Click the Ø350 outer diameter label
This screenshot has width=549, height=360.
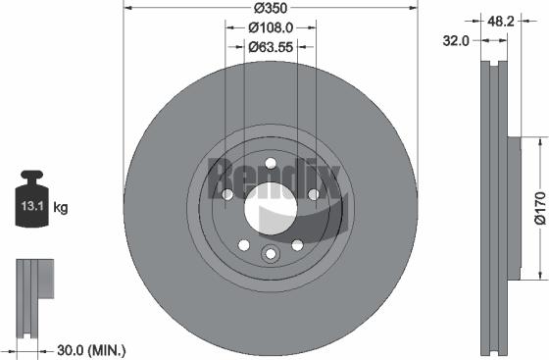[x=270, y=9]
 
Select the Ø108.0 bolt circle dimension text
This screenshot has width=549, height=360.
[x=270, y=26]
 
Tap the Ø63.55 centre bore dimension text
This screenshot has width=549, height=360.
[x=270, y=45]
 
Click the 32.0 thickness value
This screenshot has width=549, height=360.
[x=454, y=41]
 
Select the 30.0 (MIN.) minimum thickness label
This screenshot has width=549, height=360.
[x=90, y=348]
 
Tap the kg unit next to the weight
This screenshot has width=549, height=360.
[x=61, y=208]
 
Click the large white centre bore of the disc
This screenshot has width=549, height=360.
[x=271, y=209]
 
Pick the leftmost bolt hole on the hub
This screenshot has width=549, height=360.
[x=227, y=195]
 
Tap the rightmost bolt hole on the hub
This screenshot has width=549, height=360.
[x=313, y=195]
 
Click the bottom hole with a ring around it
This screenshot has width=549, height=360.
[x=271, y=255]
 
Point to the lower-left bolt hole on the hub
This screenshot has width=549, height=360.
[x=244, y=245]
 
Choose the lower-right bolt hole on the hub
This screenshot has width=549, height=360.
[x=297, y=245]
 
